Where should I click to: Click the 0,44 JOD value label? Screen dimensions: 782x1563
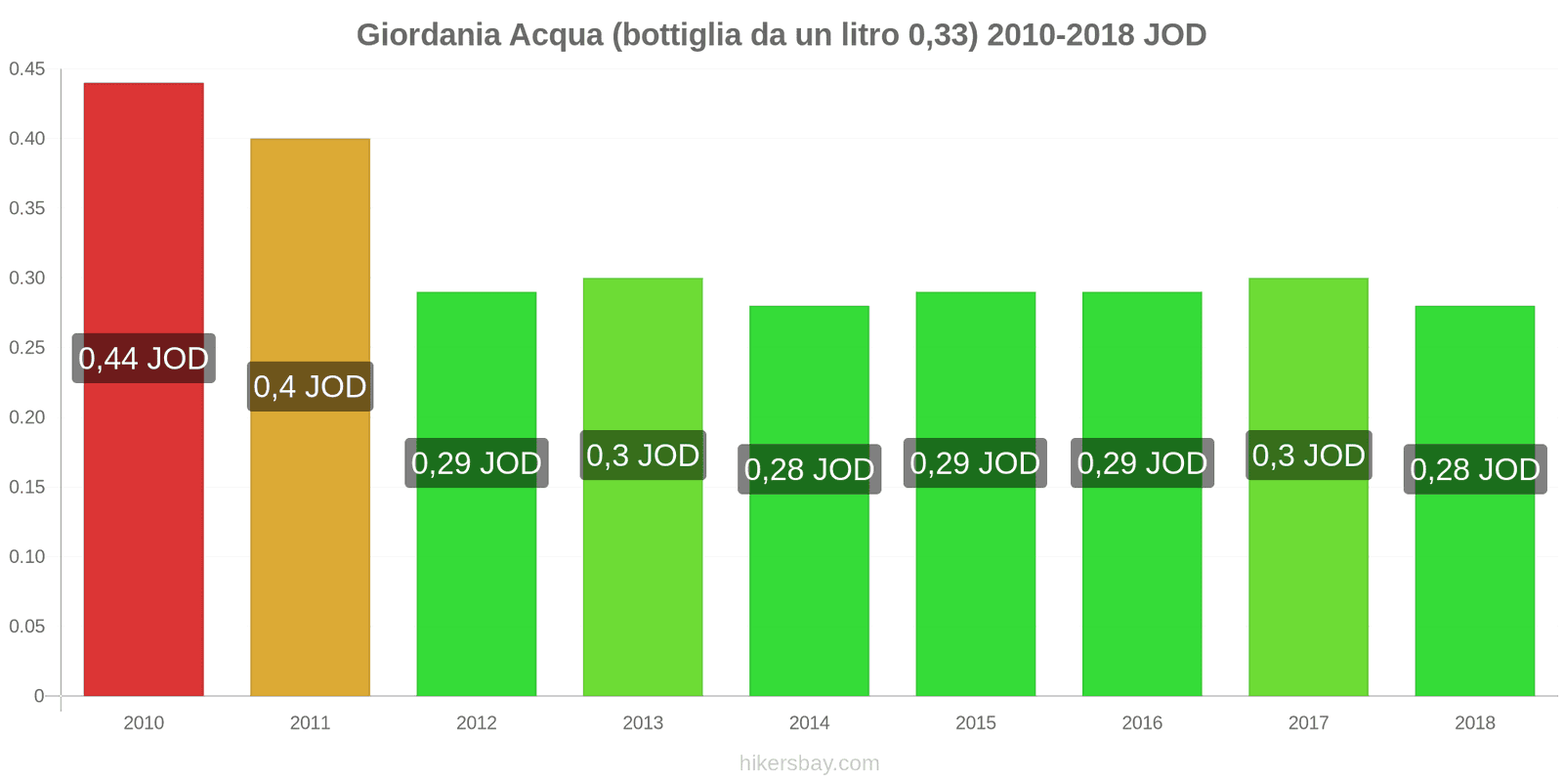click(x=144, y=359)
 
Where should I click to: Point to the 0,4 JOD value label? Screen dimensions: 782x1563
click(x=310, y=387)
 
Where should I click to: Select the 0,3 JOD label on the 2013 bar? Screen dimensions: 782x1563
click(x=643, y=456)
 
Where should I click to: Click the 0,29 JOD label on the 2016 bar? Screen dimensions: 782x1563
click(x=1142, y=463)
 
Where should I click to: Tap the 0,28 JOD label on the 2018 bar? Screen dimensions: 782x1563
click(x=1475, y=470)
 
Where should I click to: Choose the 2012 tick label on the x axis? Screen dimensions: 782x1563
click(x=477, y=723)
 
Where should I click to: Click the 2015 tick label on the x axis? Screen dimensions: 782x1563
click(x=976, y=723)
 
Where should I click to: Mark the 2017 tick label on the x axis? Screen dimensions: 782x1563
click(x=1308, y=723)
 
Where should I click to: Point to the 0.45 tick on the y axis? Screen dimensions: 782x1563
click(x=27, y=69)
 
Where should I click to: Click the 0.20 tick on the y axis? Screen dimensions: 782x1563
click(x=27, y=417)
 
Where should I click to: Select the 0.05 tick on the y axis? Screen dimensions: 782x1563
click(x=27, y=627)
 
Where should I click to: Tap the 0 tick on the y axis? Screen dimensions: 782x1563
click(x=39, y=696)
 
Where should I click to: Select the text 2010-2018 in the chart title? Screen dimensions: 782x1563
click(x=1060, y=35)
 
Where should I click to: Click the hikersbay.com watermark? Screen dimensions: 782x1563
click(x=809, y=763)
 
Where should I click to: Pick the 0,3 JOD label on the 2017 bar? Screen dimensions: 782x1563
click(x=1308, y=456)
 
